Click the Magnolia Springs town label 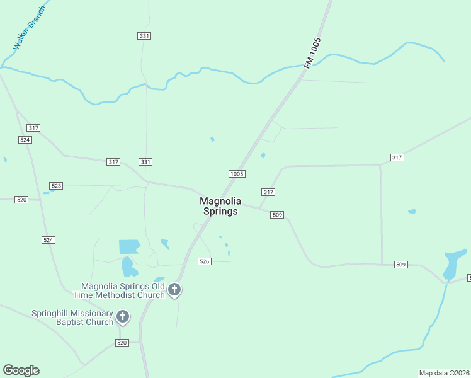218,207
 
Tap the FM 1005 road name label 312,54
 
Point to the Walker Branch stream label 30,29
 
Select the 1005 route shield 237,174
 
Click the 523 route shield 57,186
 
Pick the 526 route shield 203,261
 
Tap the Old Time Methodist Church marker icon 174,290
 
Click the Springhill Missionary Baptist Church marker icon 123,317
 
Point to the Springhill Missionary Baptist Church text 72,318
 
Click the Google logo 21,370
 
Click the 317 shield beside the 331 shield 113,162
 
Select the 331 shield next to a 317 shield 145,162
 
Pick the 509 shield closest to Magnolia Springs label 277,215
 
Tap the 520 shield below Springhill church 122,342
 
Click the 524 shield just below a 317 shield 25,140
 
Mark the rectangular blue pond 129,246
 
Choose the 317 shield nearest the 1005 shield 268,192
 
